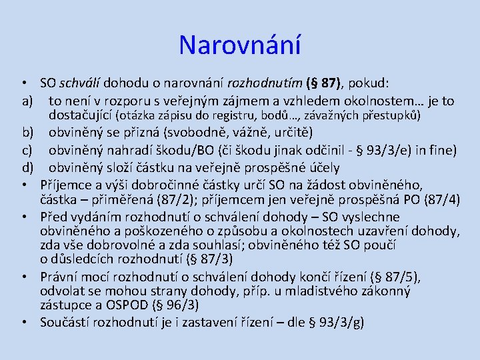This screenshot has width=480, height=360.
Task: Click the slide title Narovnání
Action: pyautogui.click(x=240, y=46)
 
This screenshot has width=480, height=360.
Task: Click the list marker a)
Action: pyautogui.click(x=27, y=101)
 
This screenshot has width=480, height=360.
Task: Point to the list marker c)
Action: pyautogui.click(x=27, y=149)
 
